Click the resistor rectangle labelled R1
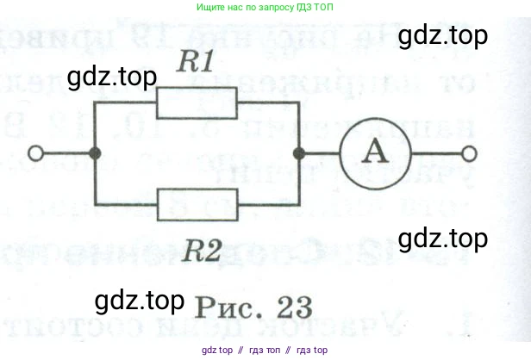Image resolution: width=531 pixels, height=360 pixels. (197, 105)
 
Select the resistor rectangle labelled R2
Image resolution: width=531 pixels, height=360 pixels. (197, 203)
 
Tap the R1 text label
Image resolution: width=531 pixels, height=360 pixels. (197, 63)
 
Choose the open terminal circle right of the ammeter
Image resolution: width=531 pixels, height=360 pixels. (468, 154)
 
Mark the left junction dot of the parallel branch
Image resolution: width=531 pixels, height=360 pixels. (96, 154)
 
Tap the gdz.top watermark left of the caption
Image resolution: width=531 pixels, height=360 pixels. (140, 301)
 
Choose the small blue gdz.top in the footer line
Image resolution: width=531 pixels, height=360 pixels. (216, 351)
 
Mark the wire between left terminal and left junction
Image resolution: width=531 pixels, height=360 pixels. (66, 154)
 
